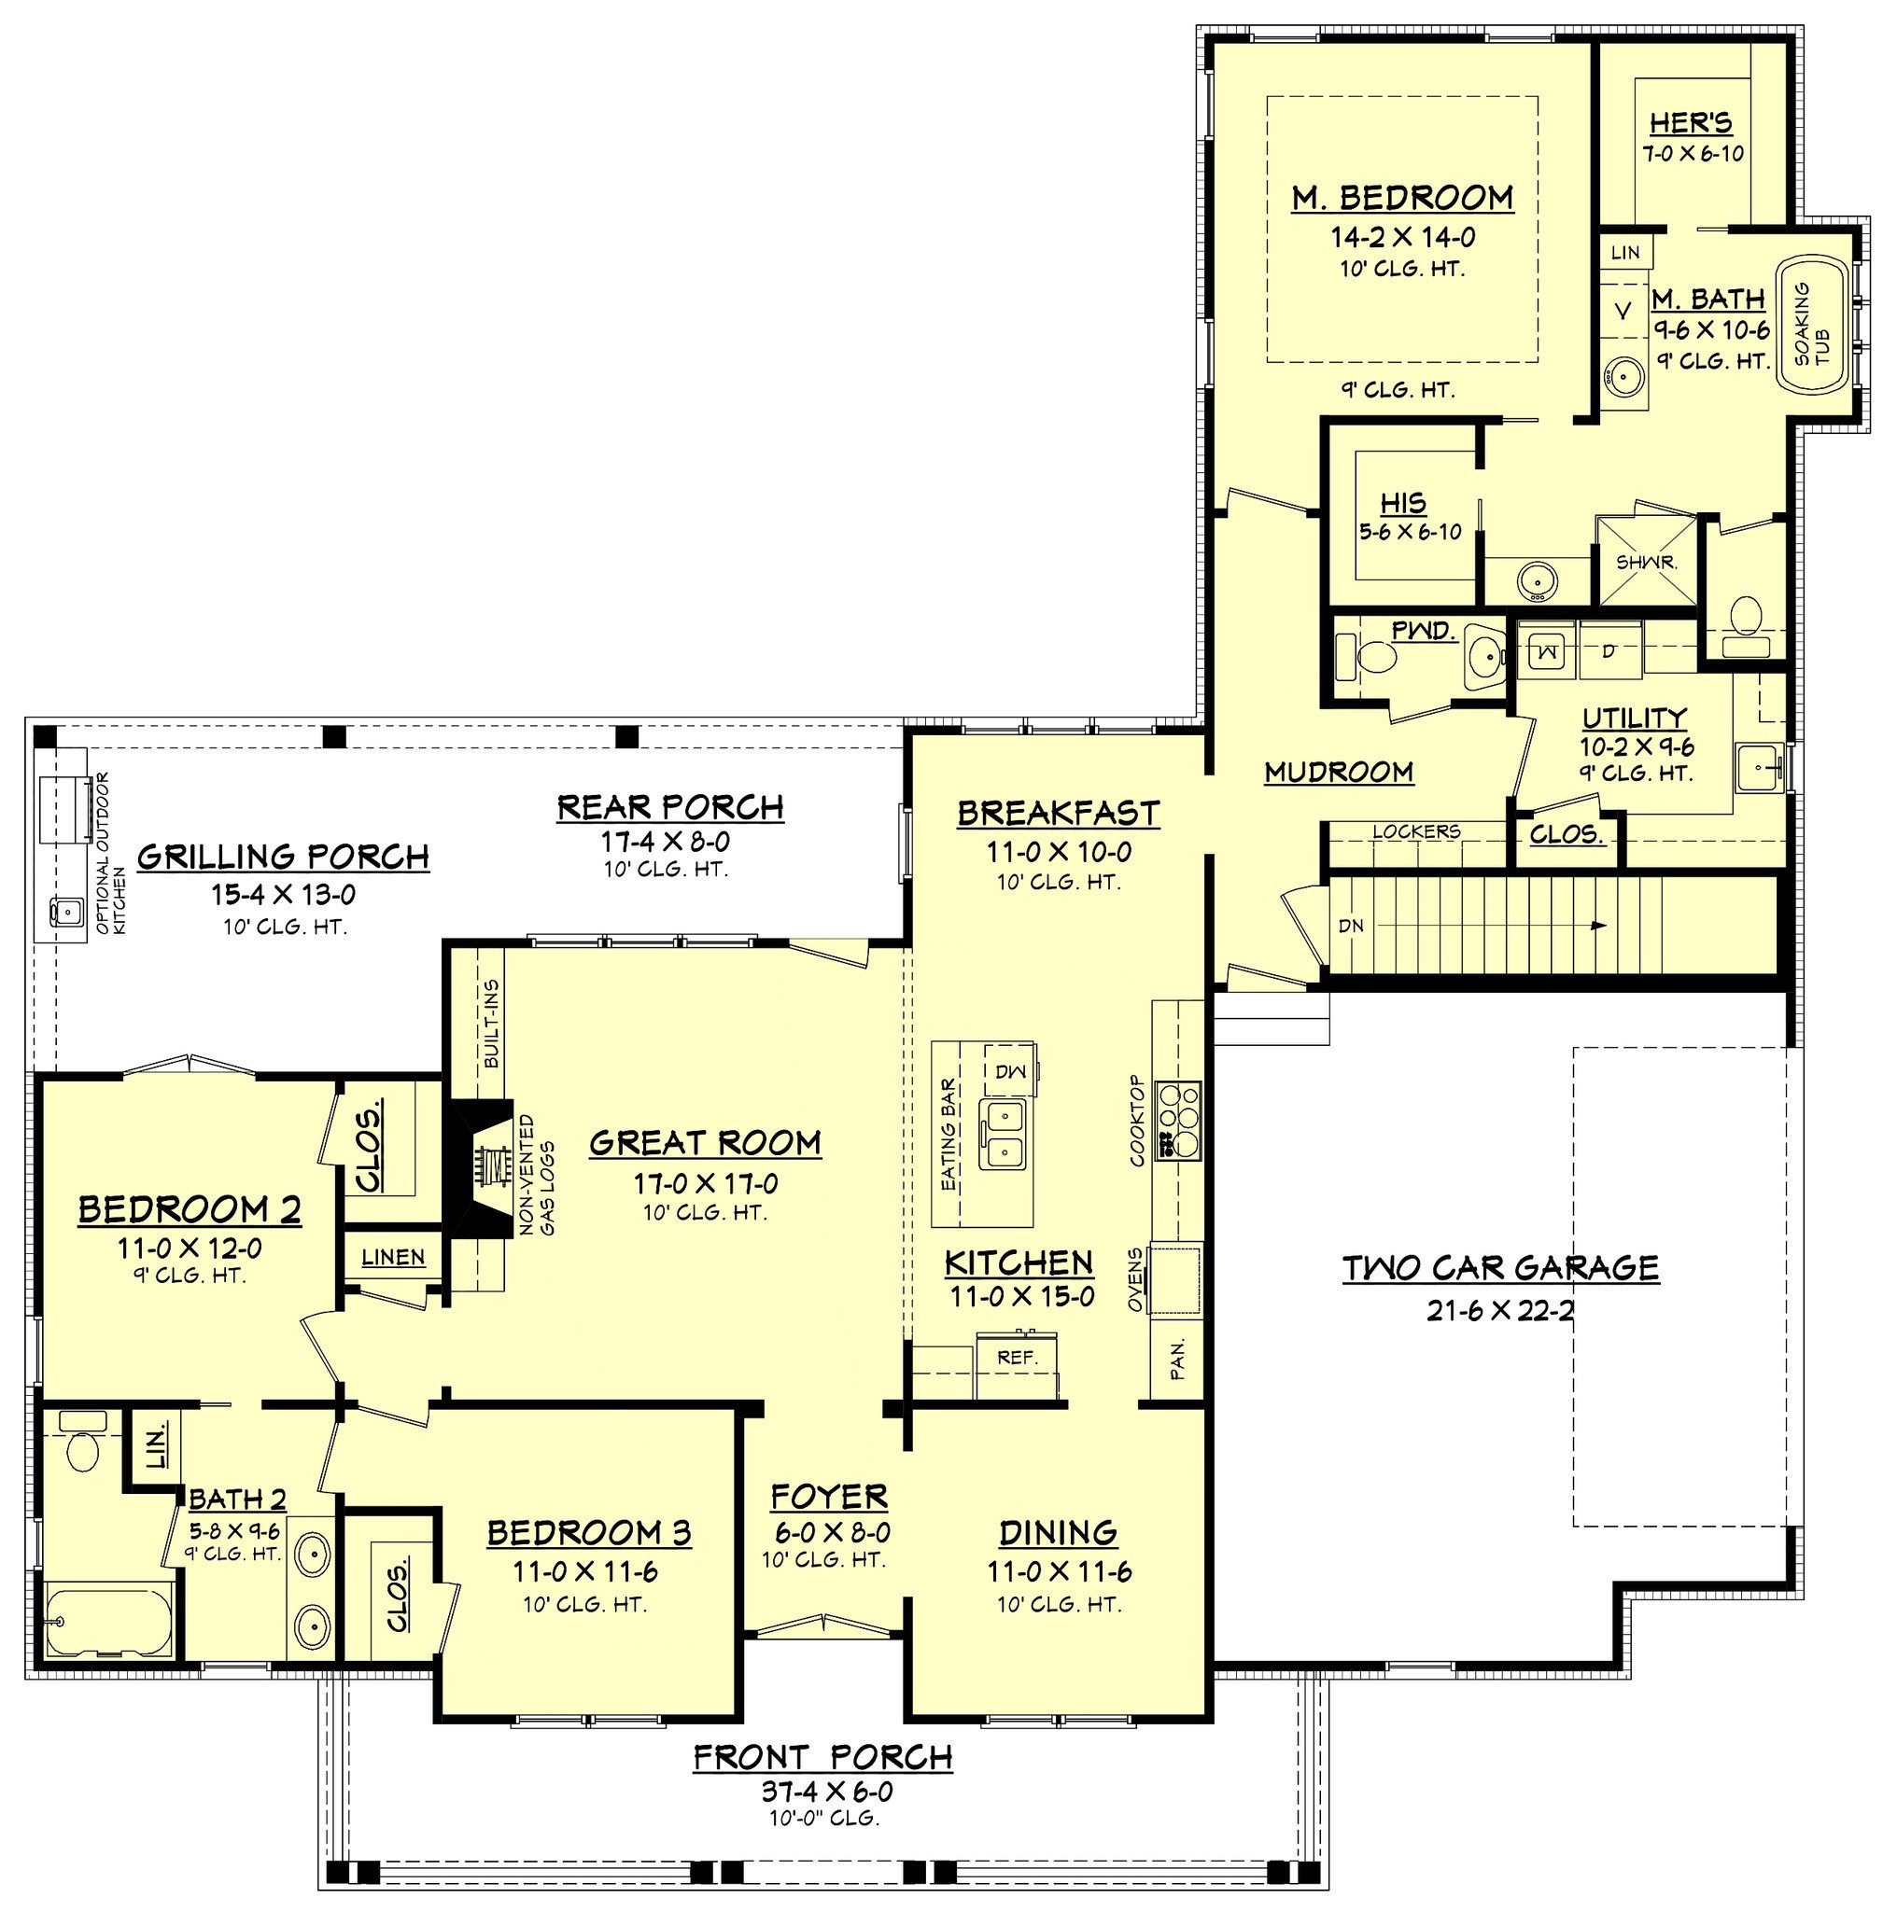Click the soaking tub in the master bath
coord(1814,328)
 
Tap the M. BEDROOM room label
coord(1401,198)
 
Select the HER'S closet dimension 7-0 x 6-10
coord(1693,154)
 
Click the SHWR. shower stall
coord(1647,562)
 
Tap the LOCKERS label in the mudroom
coord(1415,832)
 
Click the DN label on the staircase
coord(1351,927)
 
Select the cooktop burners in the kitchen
coord(1184,1120)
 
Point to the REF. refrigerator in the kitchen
coord(1017,1359)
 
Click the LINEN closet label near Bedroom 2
coord(393,1259)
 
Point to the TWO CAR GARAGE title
coord(1499,1268)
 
